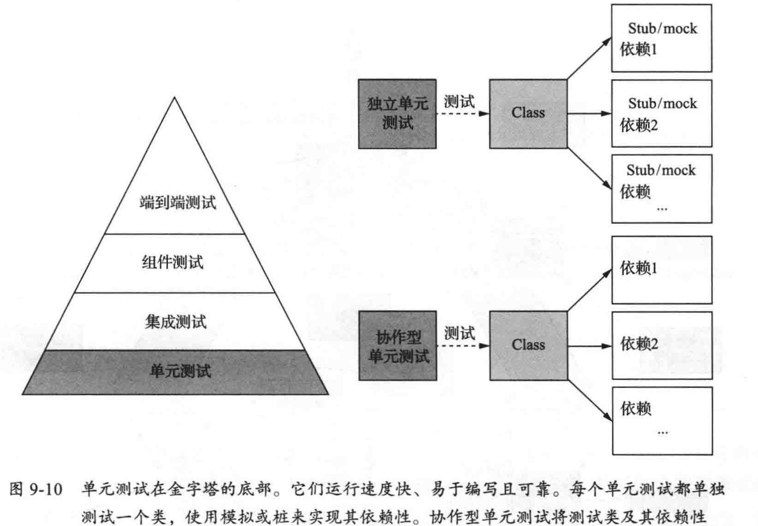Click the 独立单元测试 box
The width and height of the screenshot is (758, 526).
tap(397, 113)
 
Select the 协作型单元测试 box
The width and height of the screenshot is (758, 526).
tap(397, 345)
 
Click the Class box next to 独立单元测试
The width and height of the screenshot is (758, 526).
tap(528, 113)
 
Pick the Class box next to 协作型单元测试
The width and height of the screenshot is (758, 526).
tap(528, 345)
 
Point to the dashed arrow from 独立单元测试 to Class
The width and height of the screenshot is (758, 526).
tap(463, 113)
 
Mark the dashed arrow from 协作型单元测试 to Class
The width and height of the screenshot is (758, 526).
tap(463, 345)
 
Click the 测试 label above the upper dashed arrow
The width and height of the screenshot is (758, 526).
tap(459, 101)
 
